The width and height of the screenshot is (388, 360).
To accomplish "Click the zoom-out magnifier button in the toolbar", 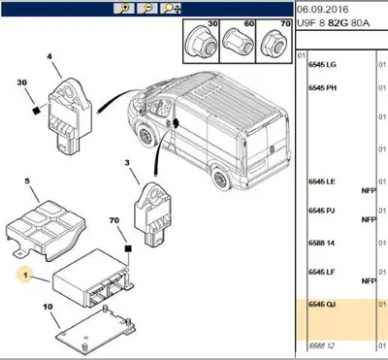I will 146,7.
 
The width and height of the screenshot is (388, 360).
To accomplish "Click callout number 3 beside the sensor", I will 127,164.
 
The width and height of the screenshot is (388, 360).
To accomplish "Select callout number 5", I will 28,180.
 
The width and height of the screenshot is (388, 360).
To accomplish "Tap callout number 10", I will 47,308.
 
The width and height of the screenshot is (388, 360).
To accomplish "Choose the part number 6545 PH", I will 322,88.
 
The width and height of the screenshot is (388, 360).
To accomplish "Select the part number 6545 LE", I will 322,181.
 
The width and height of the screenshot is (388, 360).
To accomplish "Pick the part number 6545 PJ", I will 322,208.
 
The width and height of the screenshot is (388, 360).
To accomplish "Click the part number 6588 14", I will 322,243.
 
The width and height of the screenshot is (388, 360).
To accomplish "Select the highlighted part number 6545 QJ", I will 322,304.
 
